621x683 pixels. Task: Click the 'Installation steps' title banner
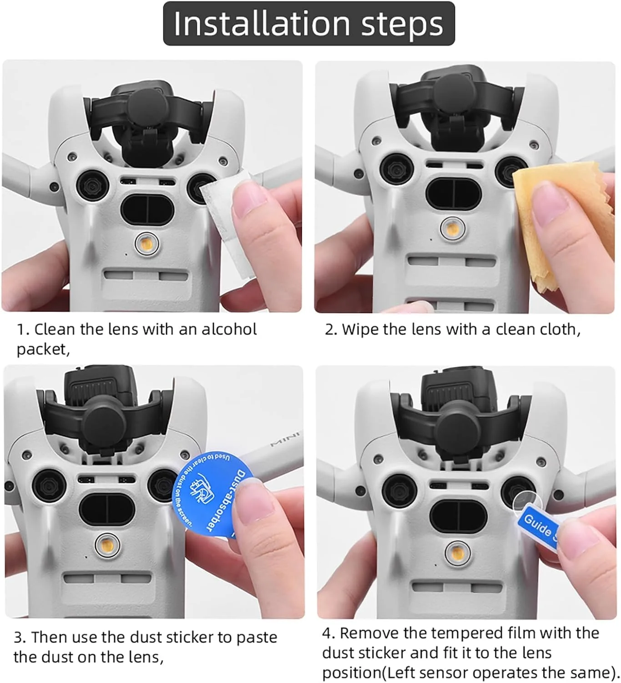tap(309, 24)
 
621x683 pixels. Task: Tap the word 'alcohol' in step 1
tap(229, 329)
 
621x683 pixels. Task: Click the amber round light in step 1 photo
tap(146, 244)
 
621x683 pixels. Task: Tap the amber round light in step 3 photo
tap(107, 545)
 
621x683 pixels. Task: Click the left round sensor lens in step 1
tap(92, 186)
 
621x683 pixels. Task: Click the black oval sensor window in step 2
tap(453, 194)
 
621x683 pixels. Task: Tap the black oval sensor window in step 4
tap(458, 517)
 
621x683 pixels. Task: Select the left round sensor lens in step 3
tap(49, 486)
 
